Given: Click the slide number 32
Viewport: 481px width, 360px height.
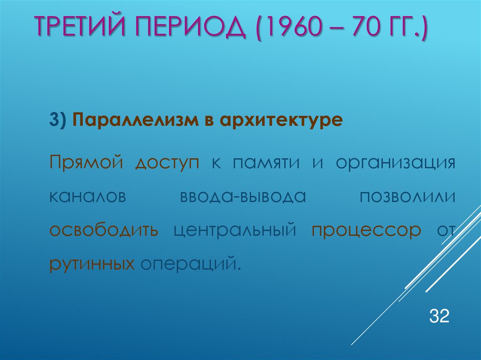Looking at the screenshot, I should coord(439,316).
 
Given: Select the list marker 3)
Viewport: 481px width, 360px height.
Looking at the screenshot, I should coord(59,120).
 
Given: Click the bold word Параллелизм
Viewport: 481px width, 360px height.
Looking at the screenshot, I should coord(132,120).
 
